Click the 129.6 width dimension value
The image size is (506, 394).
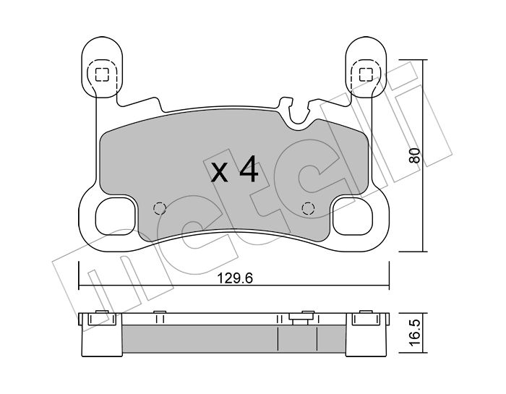point(235,278)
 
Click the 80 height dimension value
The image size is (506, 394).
point(414,155)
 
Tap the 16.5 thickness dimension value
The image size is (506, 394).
point(414,333)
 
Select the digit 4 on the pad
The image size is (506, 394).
point(249,168)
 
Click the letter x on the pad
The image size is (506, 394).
point(220,173)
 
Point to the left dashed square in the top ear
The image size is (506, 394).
point(102,75)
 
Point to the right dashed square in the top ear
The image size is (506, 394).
point(366,75)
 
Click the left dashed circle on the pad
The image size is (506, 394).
point(160,208)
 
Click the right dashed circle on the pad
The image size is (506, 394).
point(307,208)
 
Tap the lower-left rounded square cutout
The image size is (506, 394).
point(115,217)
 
